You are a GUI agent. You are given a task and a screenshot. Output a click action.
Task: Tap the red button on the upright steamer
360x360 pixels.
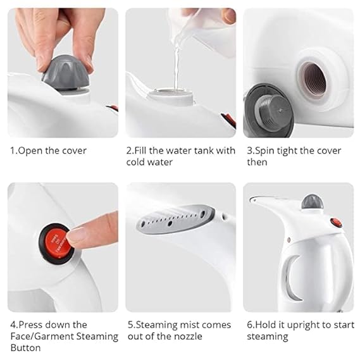pyautogui.click(x=336, y=223)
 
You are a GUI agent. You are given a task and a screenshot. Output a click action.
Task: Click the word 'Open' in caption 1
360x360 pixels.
pyautogui.click(x=30, y=151)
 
